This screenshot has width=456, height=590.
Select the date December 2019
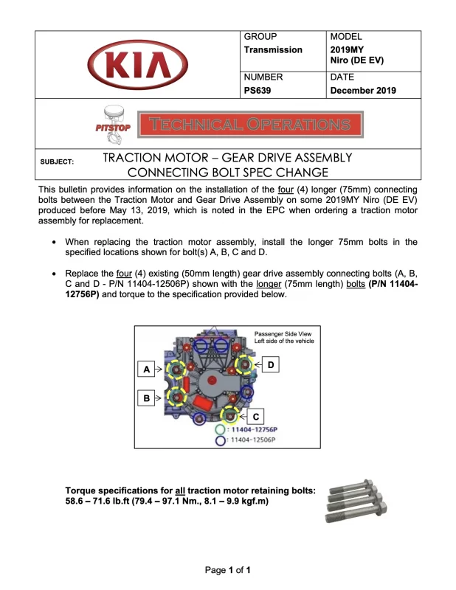[x=363, y=91]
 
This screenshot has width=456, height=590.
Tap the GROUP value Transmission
[x=273, y=49]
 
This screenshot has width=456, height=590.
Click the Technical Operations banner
[x=251, y=125]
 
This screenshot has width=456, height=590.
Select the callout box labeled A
[x=147, y=368]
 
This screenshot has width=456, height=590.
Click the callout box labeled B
[x=147, y=398]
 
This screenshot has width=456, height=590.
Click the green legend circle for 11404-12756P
[x=220, y=428]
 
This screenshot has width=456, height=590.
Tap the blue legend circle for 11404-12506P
[x=220, y=440]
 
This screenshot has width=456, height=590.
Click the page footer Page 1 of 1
[x=228, y=570]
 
